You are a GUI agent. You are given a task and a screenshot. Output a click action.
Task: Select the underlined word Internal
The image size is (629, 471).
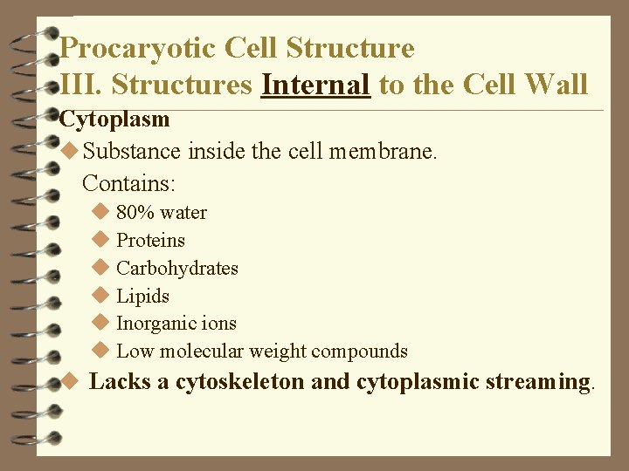click(x=315, y=85)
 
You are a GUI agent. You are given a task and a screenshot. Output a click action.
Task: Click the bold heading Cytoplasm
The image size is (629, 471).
click(x=114, y=119)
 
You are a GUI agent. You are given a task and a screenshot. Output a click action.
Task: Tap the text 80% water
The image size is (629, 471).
click(x=162, y=212)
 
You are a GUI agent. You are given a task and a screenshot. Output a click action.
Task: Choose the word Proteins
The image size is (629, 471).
click(x=150, y=240)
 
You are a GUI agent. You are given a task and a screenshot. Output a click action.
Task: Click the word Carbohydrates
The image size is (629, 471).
click(x=177, y=268)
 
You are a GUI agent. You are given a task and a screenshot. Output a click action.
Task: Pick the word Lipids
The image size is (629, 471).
click(x=142, y=296)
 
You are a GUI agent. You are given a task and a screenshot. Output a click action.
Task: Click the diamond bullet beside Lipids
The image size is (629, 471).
click(x=100, y=295)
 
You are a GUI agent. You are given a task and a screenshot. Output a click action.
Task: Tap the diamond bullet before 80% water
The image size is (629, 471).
click(x=100, y=211)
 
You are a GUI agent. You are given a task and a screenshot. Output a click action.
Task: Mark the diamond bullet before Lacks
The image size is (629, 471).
click(x=72, y=381)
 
